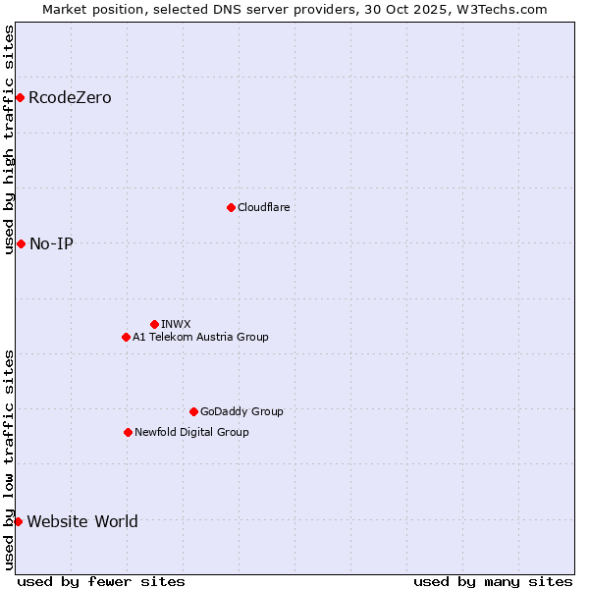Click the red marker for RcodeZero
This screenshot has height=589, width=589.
[20, 97]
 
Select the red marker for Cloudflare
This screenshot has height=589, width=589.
[231, 207]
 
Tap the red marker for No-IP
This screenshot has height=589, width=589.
[21, 243]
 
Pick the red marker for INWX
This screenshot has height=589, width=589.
[154, 324]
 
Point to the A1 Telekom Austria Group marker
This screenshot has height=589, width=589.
[126, 337]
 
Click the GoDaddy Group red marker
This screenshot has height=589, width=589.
[193, 411]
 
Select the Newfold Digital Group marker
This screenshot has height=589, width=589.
[128, 432]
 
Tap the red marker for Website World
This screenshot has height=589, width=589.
[18, 521]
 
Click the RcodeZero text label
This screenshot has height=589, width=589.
[70, 97]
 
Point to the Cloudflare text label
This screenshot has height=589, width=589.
[263, 207]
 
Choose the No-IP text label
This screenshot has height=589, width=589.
[51, 243]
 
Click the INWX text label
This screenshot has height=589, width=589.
[176, 324]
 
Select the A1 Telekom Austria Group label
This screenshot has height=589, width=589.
[200, 337]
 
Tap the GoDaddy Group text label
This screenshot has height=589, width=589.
[241, 411]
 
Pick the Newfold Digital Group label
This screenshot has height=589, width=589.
[191, 432]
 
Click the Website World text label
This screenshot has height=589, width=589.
[82, 521]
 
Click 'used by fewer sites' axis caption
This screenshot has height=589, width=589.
[101, 581]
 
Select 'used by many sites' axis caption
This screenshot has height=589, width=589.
[493, 581]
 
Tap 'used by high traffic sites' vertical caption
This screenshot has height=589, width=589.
[9, 139]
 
